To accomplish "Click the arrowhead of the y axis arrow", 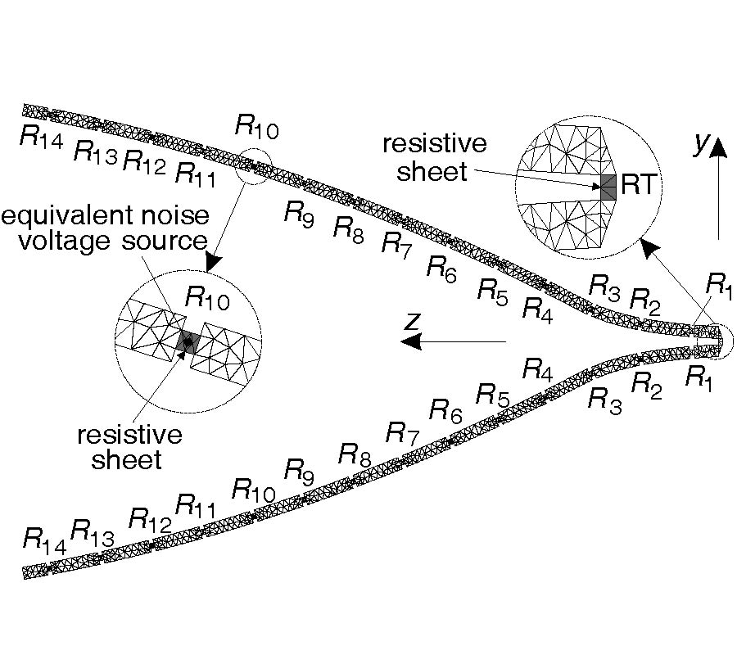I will (x=718, y=148).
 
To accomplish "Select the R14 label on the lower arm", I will (x=43, y=539).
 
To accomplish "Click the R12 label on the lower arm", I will (x=150, y=519).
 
